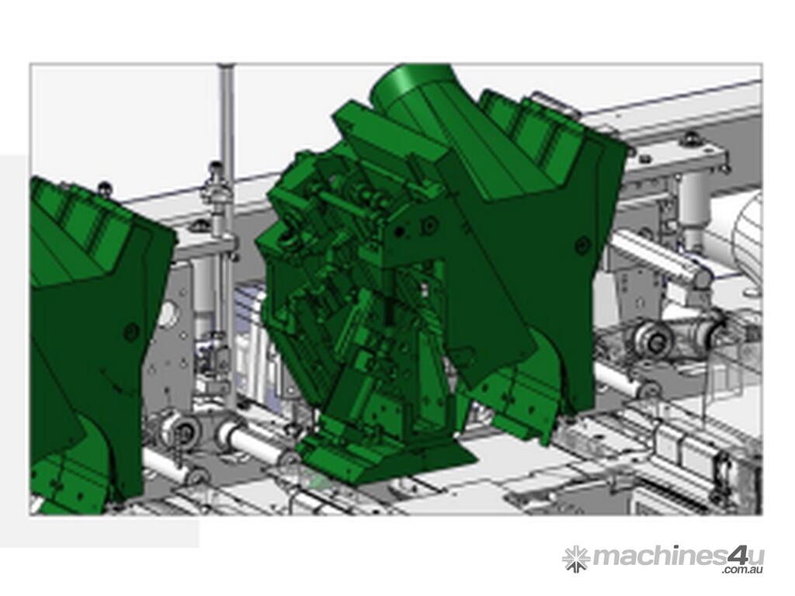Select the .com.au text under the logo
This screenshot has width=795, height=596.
click(x=742, y=570)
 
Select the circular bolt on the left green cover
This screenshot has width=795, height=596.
click(x=130, y=331)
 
